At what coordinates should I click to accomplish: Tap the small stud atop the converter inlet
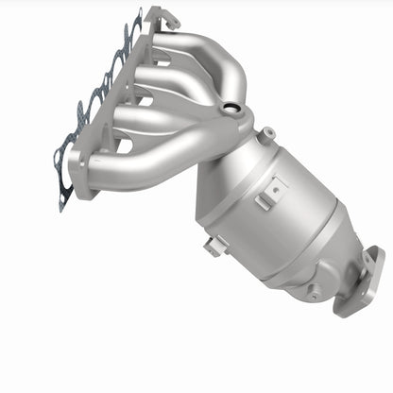[x=268, y=132]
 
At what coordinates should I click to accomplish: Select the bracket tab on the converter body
[x=270, y=191]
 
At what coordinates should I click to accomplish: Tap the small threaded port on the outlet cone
[x=313, y=291]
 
